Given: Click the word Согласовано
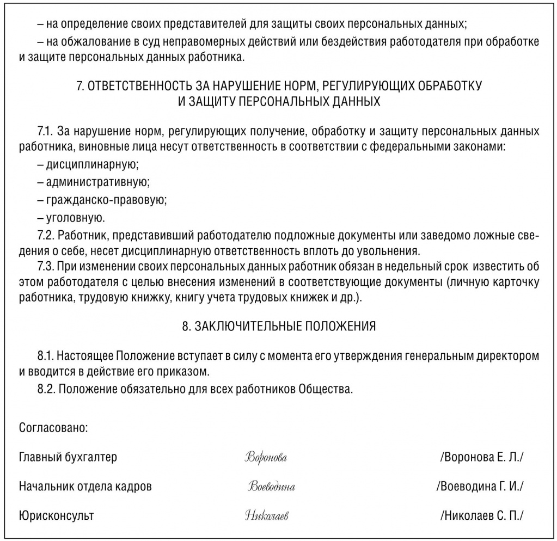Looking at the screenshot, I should pos(53,427).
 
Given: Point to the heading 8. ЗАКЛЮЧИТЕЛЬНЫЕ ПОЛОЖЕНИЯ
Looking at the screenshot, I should pos(278,327).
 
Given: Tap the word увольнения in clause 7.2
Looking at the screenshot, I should pos(391,251).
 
